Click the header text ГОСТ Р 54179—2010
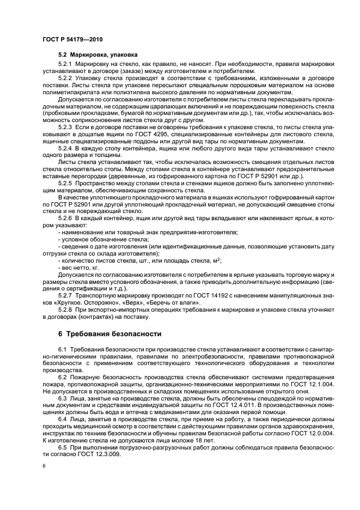click(x=72, y=40)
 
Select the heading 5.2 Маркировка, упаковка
click(x=98, y=55)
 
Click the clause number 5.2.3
click(x=65, y=126)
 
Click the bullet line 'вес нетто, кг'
click(x=78, y=268)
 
